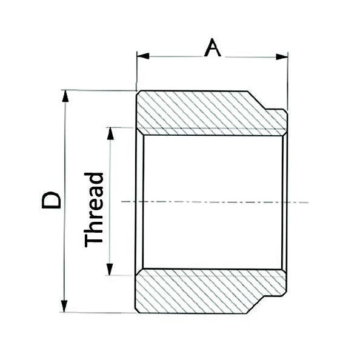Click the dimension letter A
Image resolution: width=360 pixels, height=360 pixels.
tap(212, 47)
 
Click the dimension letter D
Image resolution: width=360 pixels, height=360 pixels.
tap(52, 201)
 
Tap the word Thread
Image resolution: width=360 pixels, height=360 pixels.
tap(95, 209)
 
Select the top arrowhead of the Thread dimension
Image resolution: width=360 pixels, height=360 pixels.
tap(110, 132)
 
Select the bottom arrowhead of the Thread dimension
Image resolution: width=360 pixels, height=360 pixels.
tap(110, 271)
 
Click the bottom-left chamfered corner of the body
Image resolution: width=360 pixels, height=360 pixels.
tap(138, 310)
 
